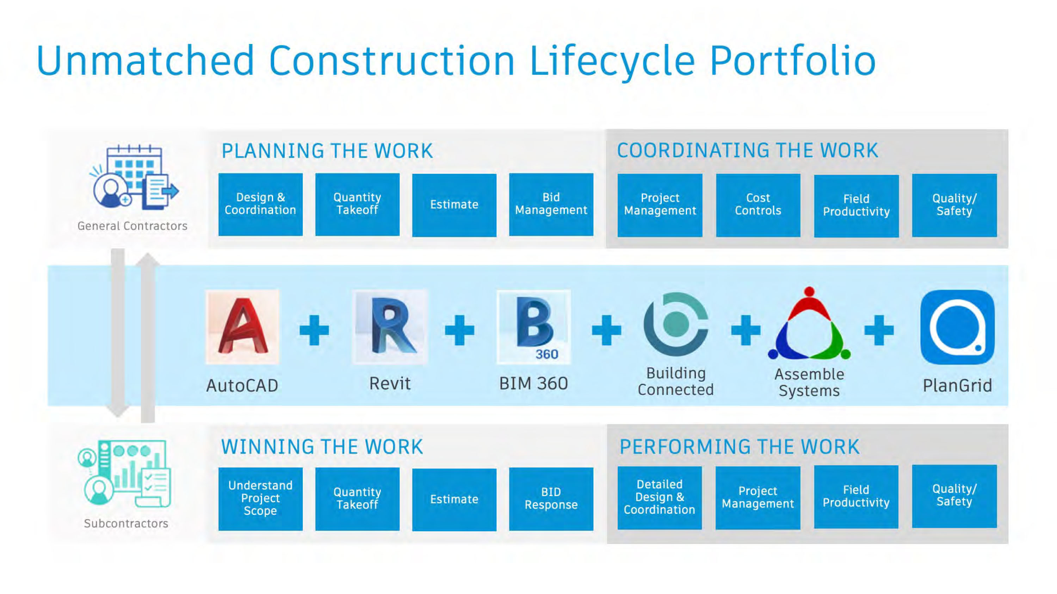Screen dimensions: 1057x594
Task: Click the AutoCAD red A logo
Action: point(242,327)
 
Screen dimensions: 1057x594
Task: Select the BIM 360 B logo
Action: point(533,327)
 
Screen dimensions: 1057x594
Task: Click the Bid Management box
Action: point(551,204)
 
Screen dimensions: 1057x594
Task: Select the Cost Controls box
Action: point(758,205)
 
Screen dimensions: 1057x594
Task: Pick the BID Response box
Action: point(551,499)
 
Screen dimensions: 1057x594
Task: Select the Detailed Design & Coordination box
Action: point(660,498)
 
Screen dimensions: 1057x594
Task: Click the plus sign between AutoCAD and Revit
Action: point(314,330)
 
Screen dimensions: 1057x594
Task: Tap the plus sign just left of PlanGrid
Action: point(879,330)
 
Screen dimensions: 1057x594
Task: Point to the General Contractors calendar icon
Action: point(134,177)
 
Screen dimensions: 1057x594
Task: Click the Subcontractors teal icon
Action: point(124,474)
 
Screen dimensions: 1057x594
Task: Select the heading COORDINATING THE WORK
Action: point(747,151)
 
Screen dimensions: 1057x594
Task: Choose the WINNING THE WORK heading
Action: point(322,447)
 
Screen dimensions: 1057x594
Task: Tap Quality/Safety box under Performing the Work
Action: point(954,495)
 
